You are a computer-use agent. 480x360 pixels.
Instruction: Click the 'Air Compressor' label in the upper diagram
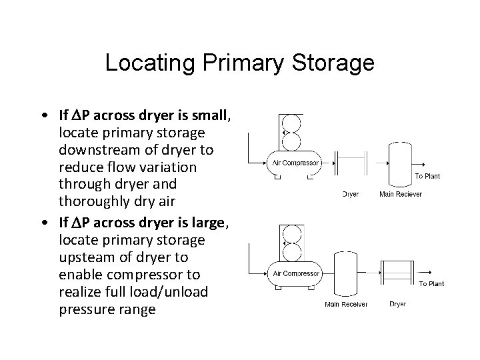[296, 162]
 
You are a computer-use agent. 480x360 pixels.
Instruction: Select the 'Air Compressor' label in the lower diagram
[296, 273]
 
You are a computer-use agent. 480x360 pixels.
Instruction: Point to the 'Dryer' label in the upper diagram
[351, 194]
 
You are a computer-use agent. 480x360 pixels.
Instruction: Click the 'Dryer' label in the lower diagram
[397, 304]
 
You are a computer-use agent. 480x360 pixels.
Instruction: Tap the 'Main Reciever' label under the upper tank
[400, 194]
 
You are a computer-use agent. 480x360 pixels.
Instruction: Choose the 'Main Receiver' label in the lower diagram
[345, 304]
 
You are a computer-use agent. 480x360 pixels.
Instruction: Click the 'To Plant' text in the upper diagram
[427, 176]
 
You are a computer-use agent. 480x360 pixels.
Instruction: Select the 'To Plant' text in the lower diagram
[431, 283]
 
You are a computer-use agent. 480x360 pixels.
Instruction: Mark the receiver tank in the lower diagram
[345, 271]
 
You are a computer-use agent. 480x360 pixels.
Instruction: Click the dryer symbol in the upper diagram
[351, 162]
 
